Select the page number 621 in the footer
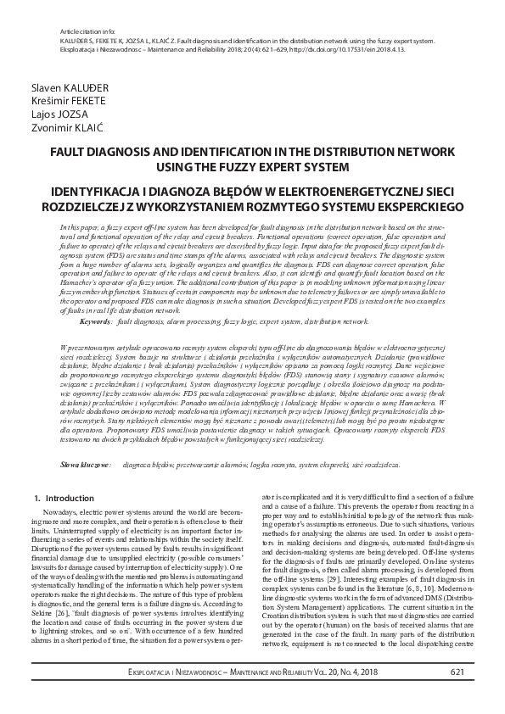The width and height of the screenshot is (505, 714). [x=457, y=696]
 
